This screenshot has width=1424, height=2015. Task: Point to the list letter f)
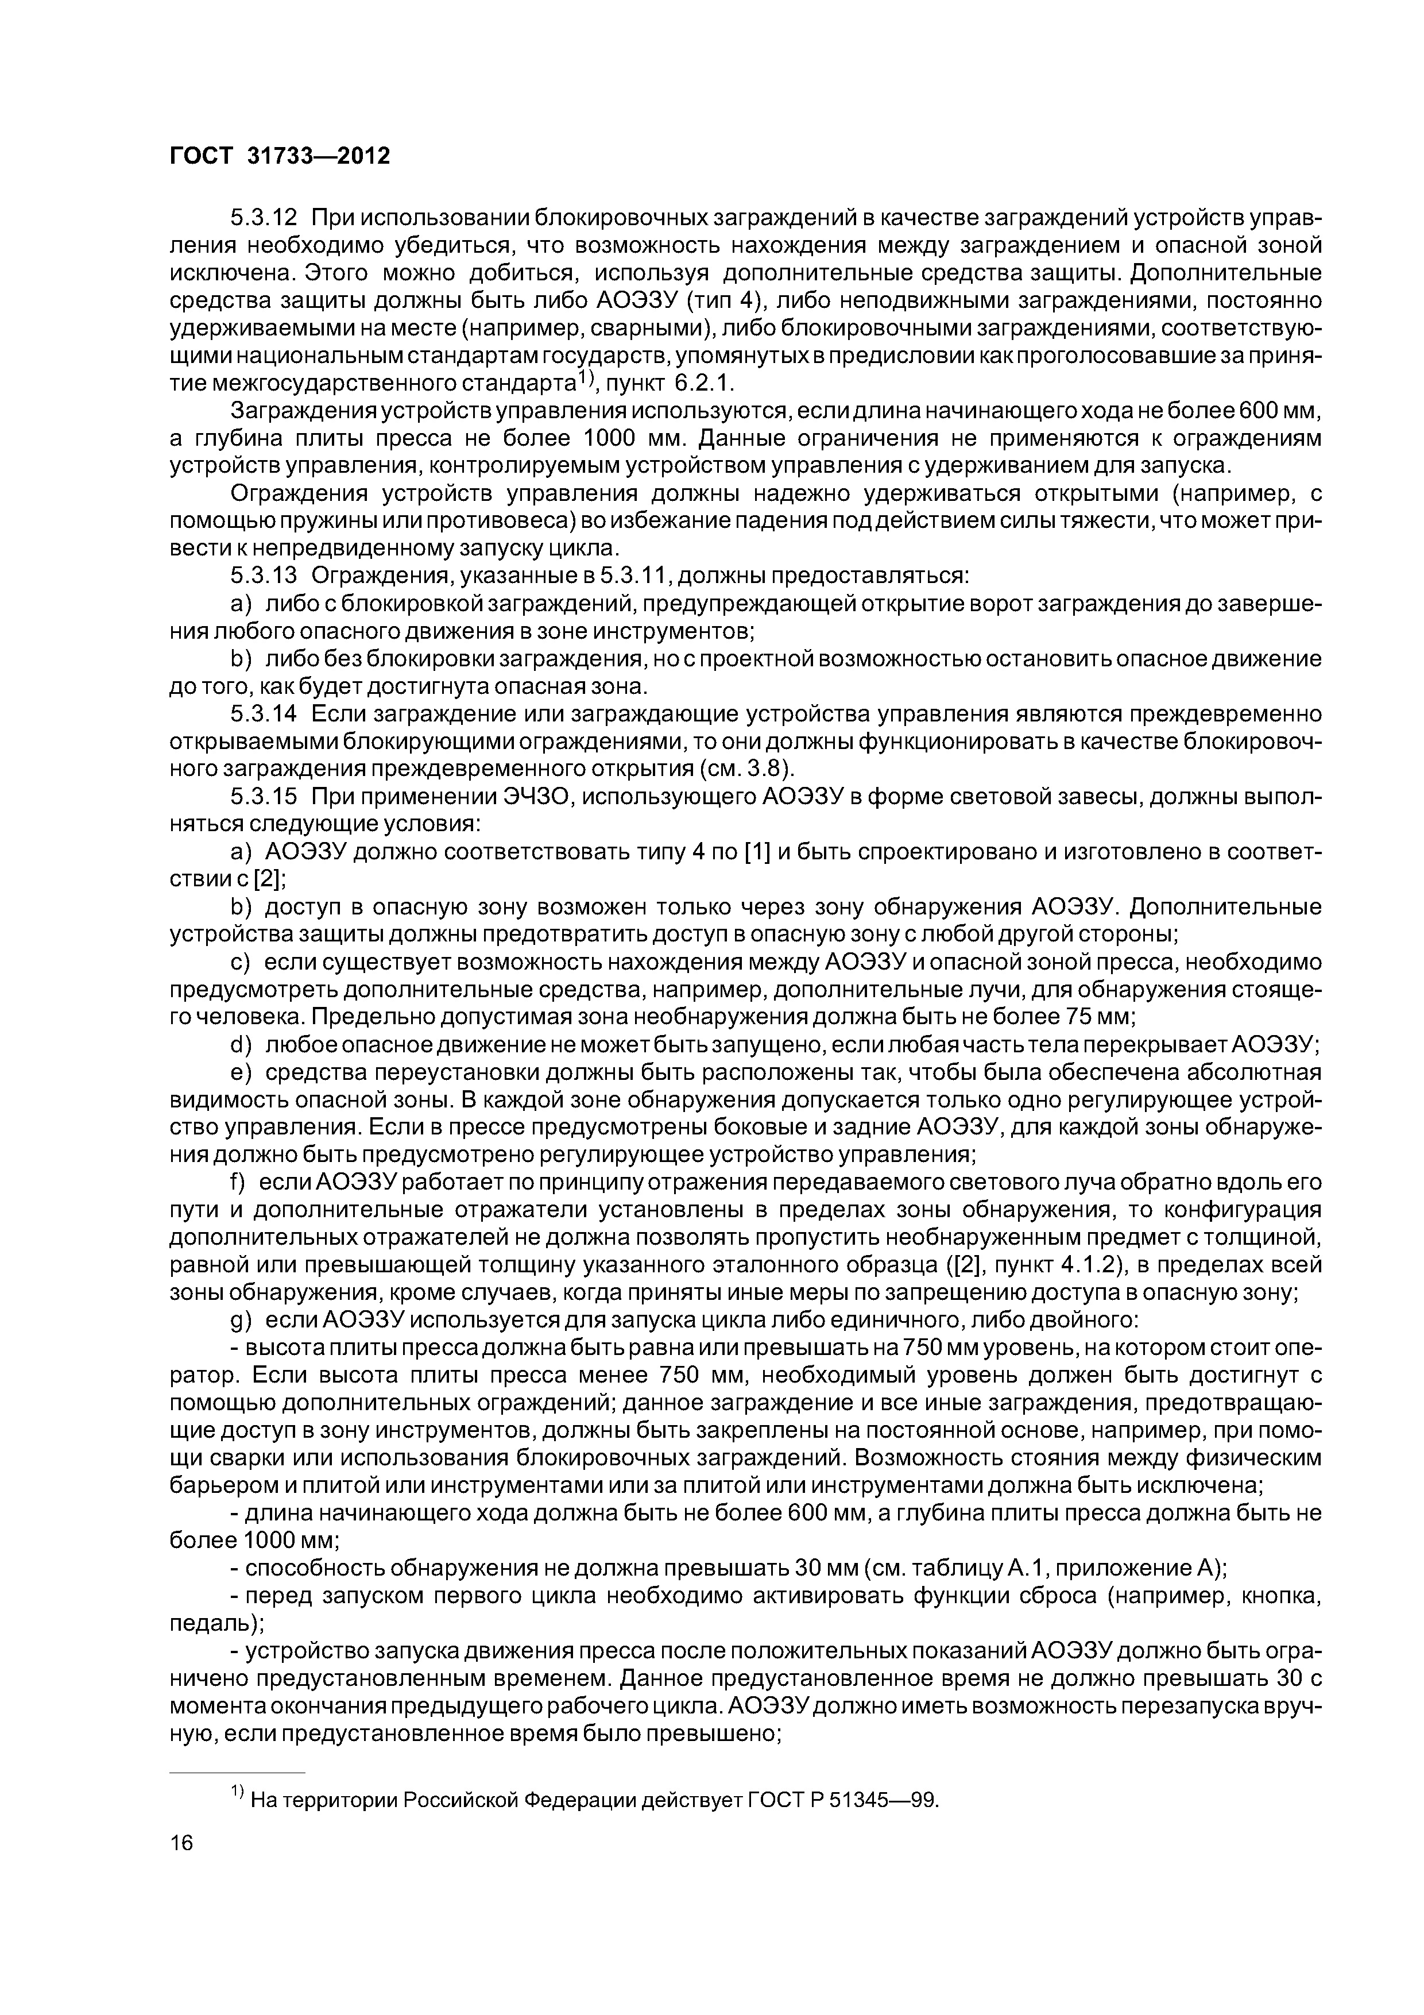coord(239,1183)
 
